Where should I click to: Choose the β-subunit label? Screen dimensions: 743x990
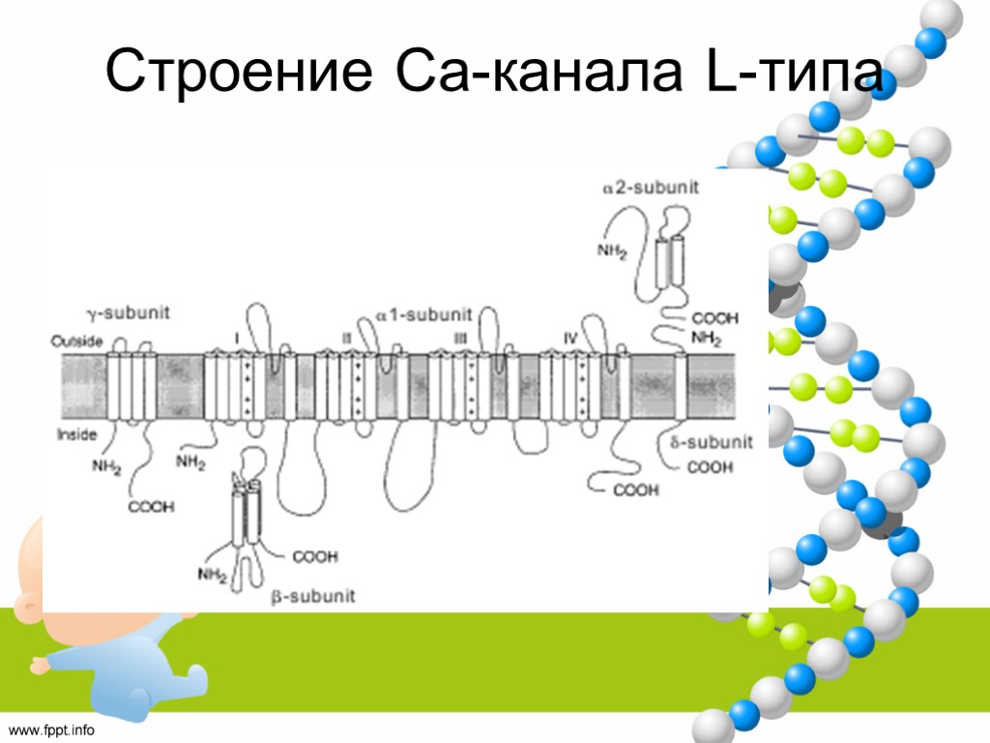(x=313, y=596)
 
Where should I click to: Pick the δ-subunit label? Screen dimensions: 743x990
(x=713, y=443)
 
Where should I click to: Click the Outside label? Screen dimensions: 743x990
(x=73, y=341)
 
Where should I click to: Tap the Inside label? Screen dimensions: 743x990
(x=73, y=434)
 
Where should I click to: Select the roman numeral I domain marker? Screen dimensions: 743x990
(x=236, y=336)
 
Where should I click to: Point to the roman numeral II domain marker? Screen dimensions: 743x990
(x=347, y=336)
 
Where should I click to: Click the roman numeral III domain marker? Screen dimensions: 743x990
(x=460, y=336)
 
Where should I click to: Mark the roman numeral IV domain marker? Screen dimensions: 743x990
(x=572, y=336)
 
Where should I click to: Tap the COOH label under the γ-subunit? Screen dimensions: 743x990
(x=152, y=505)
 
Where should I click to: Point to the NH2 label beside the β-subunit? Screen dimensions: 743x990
(x=212, y=575)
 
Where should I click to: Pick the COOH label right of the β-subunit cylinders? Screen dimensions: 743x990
(x=314, y=556)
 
